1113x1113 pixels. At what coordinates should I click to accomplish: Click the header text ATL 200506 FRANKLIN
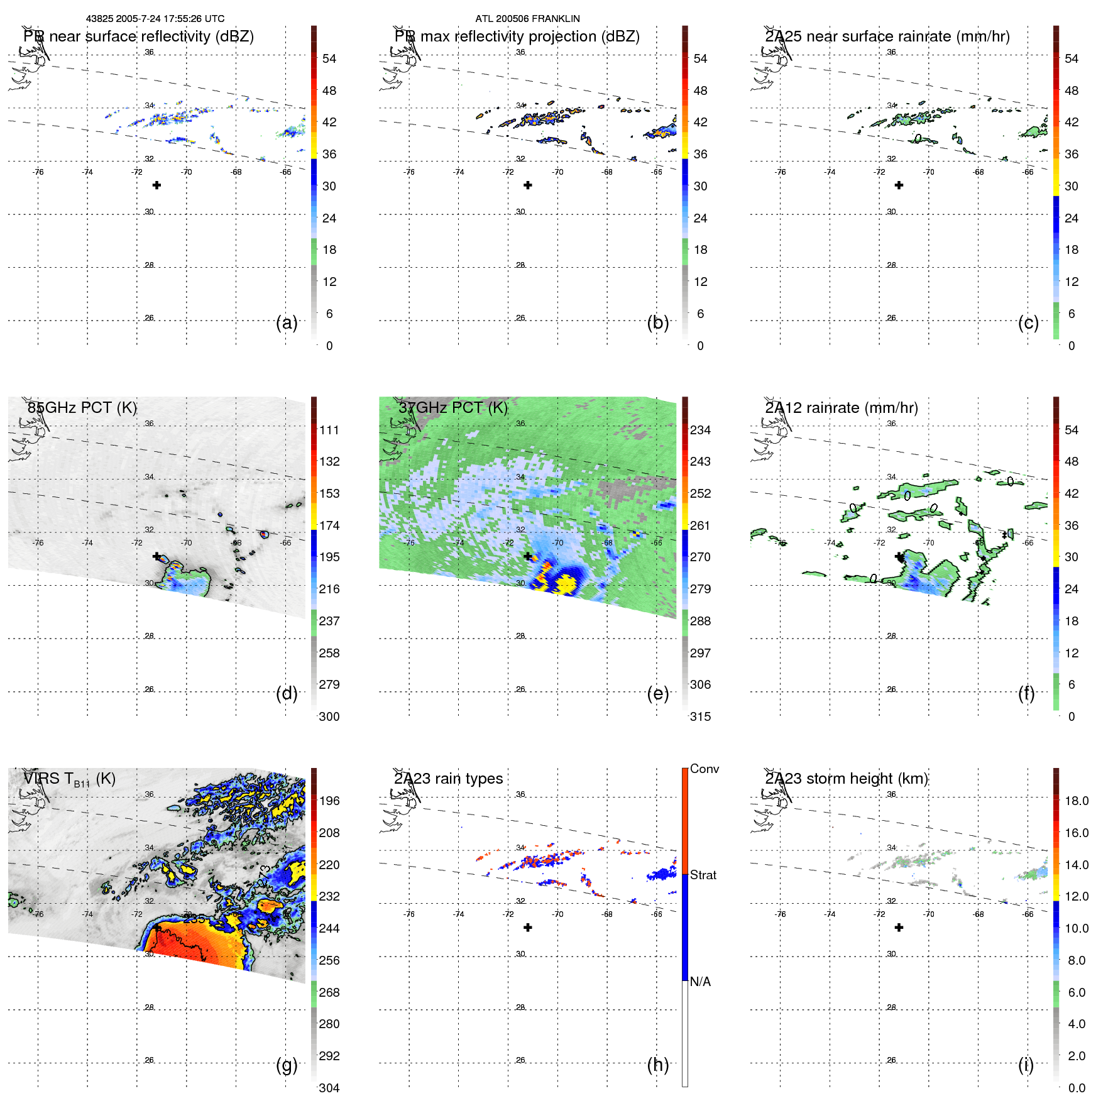527,19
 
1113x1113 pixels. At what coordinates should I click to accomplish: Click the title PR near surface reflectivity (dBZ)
138,36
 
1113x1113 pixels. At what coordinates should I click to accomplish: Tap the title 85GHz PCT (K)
82,408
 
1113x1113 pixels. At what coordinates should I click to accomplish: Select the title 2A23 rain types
448,779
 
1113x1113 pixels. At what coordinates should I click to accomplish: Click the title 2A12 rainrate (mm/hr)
841,408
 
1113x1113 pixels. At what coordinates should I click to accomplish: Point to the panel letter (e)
657,693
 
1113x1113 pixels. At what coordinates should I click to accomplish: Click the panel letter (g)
287,1065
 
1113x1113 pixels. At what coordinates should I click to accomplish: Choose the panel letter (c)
1028,322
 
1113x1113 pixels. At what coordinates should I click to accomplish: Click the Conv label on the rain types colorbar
704,769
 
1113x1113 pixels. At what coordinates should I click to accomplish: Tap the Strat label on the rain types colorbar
703,875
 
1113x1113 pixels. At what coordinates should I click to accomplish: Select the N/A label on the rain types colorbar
700,982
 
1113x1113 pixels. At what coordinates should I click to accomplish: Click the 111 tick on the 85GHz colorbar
329,430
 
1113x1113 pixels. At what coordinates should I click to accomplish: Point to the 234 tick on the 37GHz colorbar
700,430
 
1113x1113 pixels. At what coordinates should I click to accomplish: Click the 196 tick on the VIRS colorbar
329,801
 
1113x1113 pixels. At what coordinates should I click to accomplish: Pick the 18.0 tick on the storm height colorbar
1076,801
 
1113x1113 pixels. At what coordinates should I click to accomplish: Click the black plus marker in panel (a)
156,185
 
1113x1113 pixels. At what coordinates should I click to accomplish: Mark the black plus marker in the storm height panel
899,928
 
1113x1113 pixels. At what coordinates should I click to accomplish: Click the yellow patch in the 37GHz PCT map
566,583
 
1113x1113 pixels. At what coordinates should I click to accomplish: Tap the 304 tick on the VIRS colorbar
329,1088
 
